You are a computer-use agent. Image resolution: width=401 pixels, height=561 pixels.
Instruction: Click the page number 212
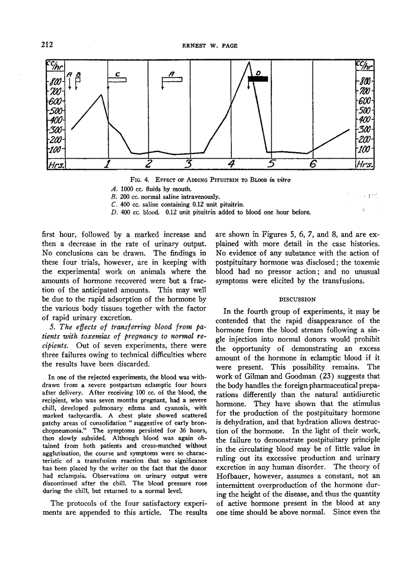tap(48, 44)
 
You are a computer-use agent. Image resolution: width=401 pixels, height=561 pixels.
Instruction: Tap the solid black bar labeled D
tap(257, 79)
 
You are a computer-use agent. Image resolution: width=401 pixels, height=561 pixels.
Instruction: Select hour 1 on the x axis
tap(107, 164)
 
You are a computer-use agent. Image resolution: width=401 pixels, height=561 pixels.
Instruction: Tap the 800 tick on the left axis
tap(56, 82)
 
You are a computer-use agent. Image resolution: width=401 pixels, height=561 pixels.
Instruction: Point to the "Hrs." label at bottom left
tap(56, 164)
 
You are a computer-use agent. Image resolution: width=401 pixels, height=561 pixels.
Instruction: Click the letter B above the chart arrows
tap(78, 73)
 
